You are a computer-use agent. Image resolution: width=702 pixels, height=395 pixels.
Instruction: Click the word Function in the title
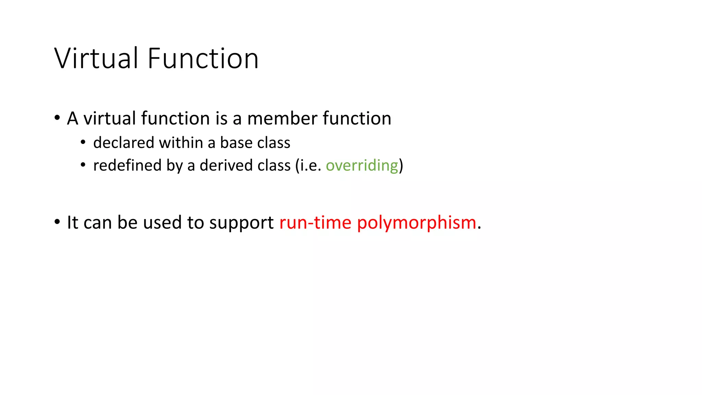coord(203,58)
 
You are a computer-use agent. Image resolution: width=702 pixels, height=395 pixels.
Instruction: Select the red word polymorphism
coord(416,223)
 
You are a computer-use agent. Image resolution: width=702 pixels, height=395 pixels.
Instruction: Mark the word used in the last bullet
coord(162,223)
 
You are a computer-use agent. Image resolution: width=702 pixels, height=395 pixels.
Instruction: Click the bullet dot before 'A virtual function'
coord(57,118)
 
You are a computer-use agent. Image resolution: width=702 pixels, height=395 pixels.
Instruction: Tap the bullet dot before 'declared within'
coord(83,142)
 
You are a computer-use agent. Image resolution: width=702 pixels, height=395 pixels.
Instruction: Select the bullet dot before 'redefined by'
coord(83,165)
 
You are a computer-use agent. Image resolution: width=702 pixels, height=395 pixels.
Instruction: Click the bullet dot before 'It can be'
coord(57,222)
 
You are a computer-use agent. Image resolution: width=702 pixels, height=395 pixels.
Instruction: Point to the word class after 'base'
coord(274,143)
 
